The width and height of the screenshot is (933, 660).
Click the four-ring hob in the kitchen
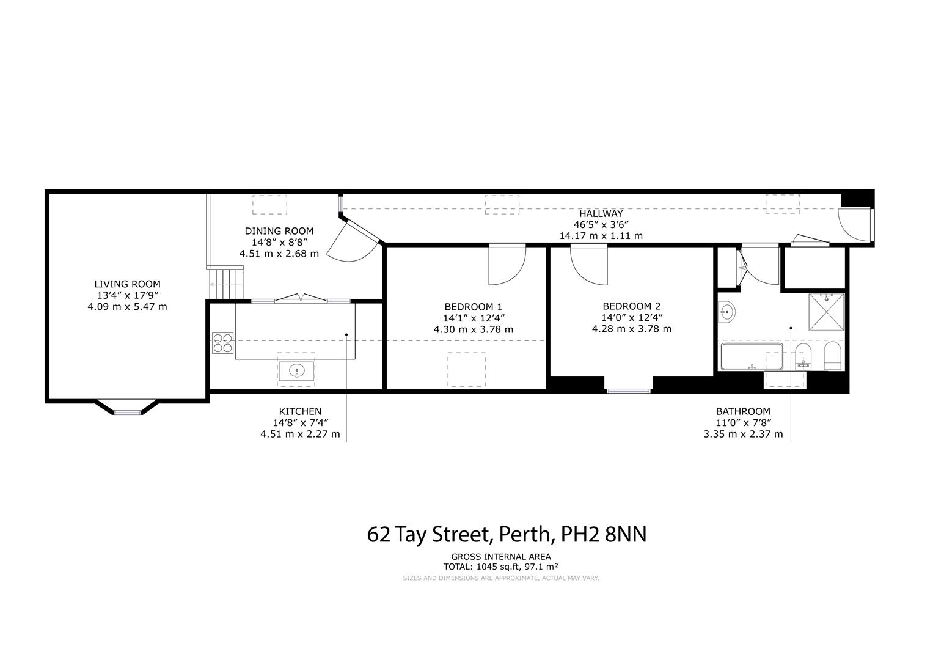click(223, 342)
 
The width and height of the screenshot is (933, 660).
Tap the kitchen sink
click(297, 370)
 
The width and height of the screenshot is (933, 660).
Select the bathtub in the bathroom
click(752, 357)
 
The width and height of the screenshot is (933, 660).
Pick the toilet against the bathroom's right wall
click(832, 356)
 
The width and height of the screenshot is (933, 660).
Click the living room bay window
click(128, 411)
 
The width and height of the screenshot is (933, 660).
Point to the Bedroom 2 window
click(628, 390)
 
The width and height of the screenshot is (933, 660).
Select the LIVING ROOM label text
click(127, 284)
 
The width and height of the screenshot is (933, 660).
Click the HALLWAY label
click(601, 213)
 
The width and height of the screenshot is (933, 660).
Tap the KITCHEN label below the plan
click(300, 411)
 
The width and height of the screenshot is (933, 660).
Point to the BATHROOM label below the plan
click(743, 411)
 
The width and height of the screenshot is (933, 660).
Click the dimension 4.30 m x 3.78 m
click(474, 329)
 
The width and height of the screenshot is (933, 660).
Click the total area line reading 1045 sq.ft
click(501, 566)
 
